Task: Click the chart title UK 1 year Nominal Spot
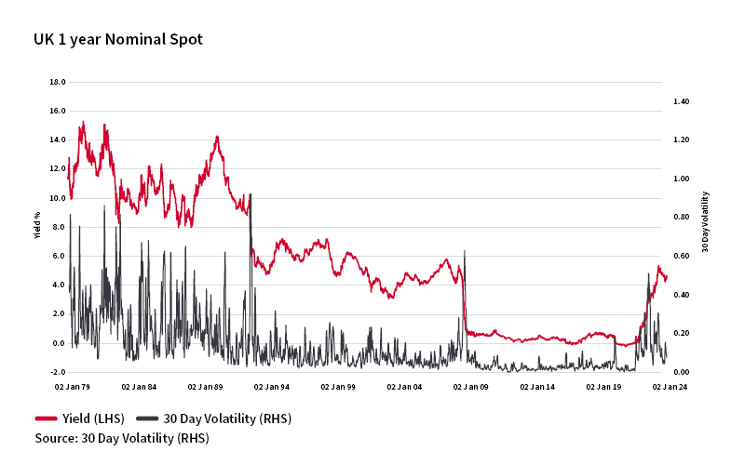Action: pos(118,39)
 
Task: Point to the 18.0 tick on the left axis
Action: pos(57,82)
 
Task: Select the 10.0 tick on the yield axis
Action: pos(57,198)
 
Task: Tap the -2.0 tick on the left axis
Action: pos(57,372)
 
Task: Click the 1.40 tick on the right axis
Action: pos(681,100)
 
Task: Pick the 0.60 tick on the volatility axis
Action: pos(681,256)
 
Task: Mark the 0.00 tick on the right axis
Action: pos(681,372)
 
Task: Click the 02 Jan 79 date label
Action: pos(73,386)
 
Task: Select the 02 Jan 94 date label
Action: pos(272,386)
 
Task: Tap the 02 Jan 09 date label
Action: pos(471,386)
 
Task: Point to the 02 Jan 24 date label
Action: pos(670,386)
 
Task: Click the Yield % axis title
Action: pos(38,227)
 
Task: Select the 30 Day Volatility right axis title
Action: pos(705,221)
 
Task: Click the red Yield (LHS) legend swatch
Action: pos(47,418)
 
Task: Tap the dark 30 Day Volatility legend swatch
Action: pos(148,418)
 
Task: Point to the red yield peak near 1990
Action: pos(217,138)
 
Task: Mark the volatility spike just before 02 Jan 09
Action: pos(465,252)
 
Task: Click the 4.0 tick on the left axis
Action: pos(57,285)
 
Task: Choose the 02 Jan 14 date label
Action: pos(537,386)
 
